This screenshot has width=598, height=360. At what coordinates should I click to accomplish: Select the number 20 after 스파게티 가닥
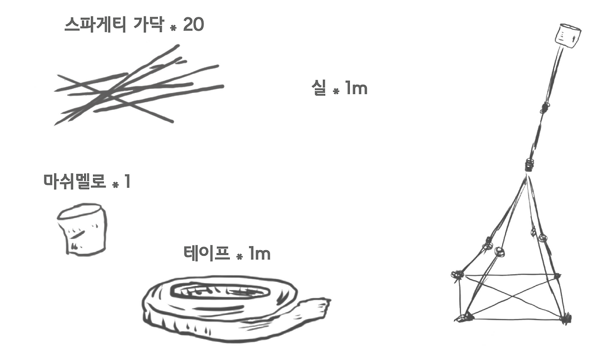pyautogui.click(x=193, y=25)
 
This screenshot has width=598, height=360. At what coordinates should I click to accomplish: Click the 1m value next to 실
pyautogui.click(x=356, y=87)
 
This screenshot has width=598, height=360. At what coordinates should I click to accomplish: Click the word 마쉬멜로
pyautogui.click(x=75, y=182)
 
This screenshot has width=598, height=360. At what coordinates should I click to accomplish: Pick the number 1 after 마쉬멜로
pyautogui.click(x=127, y=182)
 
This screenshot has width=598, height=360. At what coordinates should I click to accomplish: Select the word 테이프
pyautogui.click(x=207, y=254)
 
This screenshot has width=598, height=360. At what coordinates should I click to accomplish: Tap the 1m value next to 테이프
pyautogui.click(x=259, y=254)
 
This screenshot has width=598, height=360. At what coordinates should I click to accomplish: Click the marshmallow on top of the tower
pyautogui.click(x=568, y=36)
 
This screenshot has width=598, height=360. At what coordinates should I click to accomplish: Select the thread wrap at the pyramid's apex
pyautogui.click(x=528, y=165)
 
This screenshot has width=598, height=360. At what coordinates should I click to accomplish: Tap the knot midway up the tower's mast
pyautogui.click(x=544, y=108)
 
